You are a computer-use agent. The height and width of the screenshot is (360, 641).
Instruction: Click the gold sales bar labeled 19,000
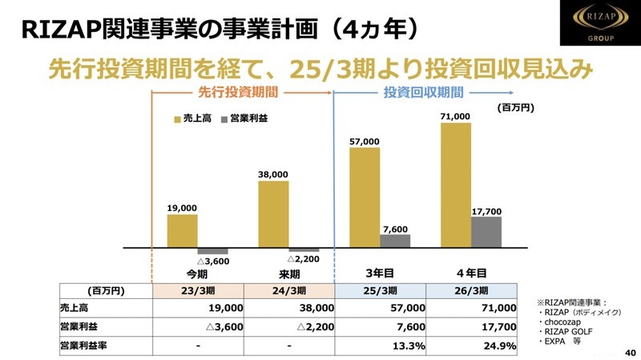click(x=182, y=230)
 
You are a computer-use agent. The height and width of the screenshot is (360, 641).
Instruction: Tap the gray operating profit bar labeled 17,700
click(x=486, y=232)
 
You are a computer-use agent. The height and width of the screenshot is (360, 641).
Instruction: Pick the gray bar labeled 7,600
click(x=395, y=240)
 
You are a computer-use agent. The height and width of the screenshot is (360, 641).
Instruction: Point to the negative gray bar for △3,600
click(x=213, y=250)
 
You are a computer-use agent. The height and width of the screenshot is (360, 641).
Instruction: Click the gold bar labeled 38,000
click(x=273, y=213)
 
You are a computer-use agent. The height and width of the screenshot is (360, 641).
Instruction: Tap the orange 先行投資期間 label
click(x=241, y=92)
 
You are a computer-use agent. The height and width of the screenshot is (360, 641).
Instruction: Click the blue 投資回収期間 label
click(x=413, y=92)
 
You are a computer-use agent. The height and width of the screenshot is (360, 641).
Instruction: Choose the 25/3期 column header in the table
click(x=382, y=290)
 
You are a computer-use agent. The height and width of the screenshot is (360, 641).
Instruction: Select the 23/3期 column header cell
click(x=197, y=290)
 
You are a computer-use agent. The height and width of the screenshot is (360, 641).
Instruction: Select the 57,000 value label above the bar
click(x=365, y=142)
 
